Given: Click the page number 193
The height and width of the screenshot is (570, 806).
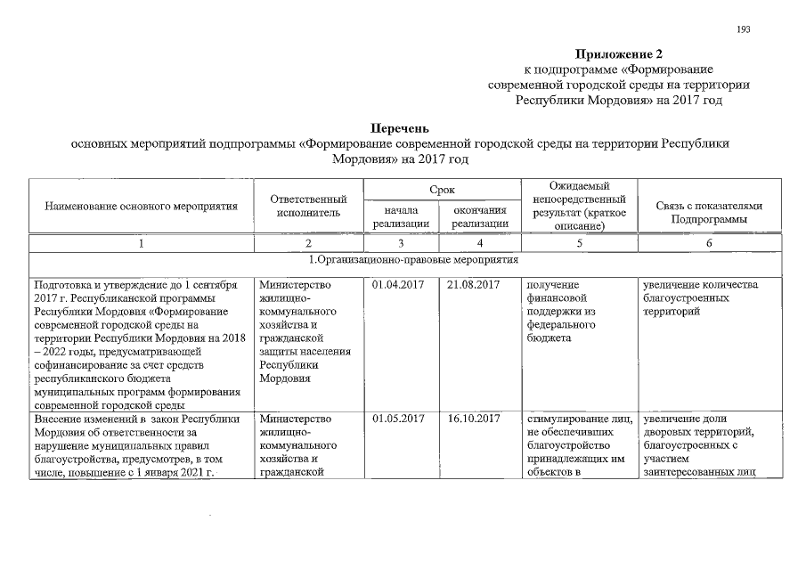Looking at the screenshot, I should tap(744, 29).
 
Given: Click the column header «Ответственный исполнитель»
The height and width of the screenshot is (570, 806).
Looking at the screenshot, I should tap(308, 207).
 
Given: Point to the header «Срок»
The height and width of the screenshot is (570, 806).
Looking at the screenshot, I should tap(442, 190).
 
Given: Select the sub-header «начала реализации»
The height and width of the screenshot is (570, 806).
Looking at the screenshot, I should tap(402, 216).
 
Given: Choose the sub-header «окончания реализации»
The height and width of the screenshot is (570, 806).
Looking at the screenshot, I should tap(480, 216).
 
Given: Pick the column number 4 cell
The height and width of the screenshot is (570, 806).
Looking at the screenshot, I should tap(480, 243).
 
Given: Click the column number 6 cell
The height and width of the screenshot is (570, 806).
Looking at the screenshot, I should tap(709, 243).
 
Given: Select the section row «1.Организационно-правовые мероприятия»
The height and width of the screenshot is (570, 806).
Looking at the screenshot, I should tap(413, 260).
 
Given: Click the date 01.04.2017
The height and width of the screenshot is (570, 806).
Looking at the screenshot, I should tap(399, 285).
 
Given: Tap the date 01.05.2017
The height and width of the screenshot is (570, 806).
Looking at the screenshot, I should tap(399, 419).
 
